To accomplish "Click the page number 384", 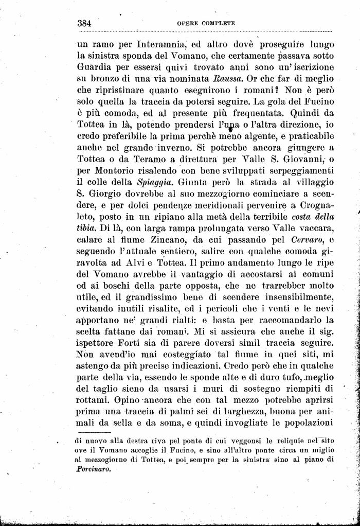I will (84, 23).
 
